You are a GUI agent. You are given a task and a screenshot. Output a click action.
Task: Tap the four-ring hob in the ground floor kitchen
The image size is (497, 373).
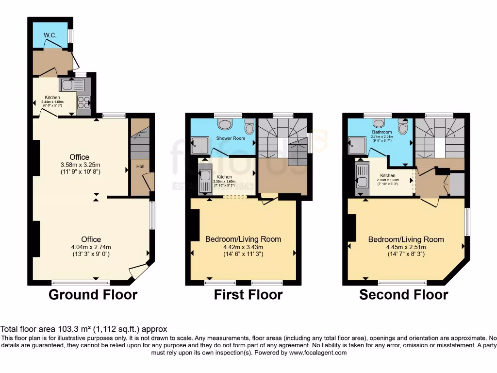click(x=83, y=102)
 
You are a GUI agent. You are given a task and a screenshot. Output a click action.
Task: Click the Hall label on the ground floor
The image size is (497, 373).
click(x=140, y=166)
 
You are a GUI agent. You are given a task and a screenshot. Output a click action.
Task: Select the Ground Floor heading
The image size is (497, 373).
click(x=93, y=295)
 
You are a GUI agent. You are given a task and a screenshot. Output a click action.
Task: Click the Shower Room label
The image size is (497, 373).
click(x=231, y=138)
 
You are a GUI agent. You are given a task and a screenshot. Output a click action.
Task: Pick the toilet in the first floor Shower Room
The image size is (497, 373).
click(x=249, y=128)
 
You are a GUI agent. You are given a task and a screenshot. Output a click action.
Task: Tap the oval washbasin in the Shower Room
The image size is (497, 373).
click(x=225, y=125)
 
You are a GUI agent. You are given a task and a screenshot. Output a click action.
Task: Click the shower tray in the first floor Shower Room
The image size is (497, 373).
click(x=199, y=143)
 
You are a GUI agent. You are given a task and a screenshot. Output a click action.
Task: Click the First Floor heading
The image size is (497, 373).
click(x=248, y=295)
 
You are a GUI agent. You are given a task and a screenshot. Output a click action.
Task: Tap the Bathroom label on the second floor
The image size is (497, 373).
click(x=381, y=132)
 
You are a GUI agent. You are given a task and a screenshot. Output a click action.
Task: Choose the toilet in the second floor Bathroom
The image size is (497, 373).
click(x=402, y=128)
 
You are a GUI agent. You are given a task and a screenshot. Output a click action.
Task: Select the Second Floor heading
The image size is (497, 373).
click(x=403, y=295)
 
